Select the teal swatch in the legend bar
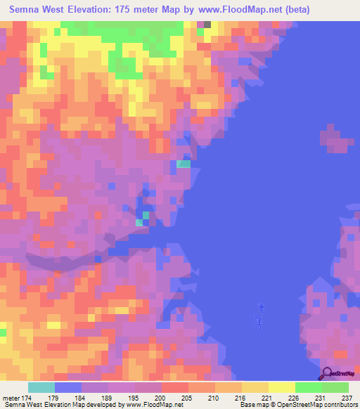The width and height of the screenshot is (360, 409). (x=41, y=387)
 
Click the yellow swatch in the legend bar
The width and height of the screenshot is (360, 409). (x=281, y=387)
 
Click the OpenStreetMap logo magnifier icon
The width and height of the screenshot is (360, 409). (x=325, y=373)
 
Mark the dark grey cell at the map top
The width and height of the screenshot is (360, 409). (x=207, y=24)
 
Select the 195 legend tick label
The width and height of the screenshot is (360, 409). (x=134, y=398)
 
